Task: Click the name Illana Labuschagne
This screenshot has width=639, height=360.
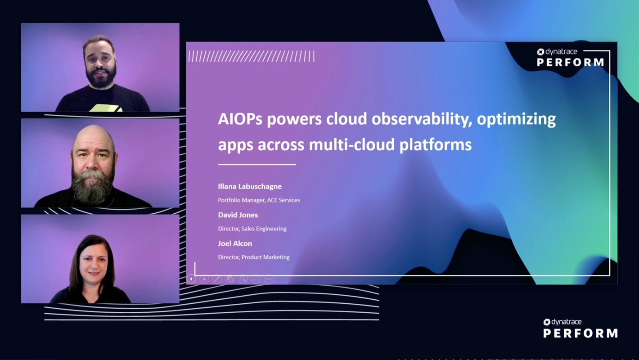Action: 250,186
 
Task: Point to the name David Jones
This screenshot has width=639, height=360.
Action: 238,215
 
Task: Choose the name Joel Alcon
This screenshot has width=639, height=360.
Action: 235,243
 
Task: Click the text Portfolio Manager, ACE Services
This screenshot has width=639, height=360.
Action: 259,200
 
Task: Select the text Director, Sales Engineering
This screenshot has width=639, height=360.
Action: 252,229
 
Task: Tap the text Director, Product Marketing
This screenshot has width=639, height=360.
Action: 254,257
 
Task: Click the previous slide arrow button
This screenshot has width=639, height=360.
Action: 191,279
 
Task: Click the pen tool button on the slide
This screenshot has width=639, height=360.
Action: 217,279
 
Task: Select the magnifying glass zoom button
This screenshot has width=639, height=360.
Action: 243,279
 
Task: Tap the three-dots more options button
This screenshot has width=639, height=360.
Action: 269,279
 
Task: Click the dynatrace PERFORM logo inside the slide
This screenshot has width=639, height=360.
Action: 570,58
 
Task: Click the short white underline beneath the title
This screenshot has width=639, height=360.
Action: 257,165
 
